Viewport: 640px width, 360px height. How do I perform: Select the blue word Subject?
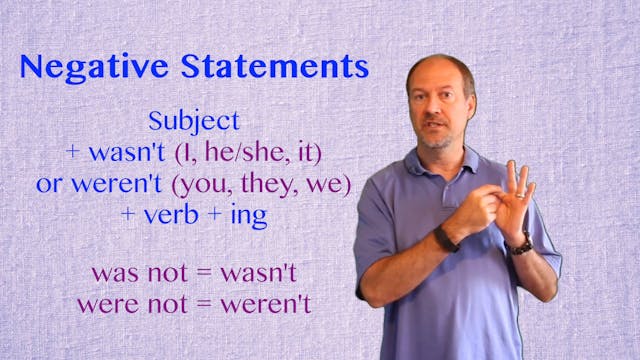pos(194,122)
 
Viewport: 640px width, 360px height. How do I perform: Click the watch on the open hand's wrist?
pos(520,244)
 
